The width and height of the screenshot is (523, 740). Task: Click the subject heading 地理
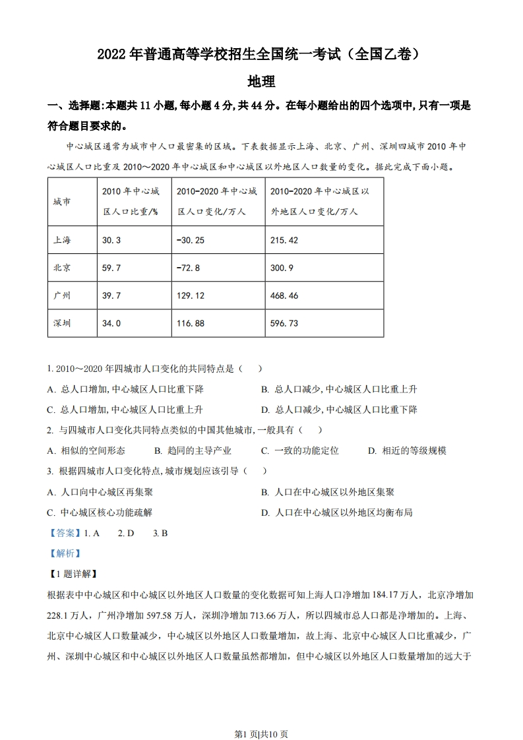pyautogui.click(x=261, y=82)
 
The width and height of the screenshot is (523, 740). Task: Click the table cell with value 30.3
pyautogui.click(x=111, y=240)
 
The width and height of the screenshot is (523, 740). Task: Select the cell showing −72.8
pyautogui.click(x=188, y=268)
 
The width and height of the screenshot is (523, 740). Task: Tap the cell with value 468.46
pyautogui.click(x=284, y=295)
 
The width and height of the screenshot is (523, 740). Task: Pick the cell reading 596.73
pyautogui.click(x=284, y=323)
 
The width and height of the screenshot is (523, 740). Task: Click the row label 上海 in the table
pyautogui.click(x=62, y=240)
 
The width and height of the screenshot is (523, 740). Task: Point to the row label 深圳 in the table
pyautogui.click(x=62, y=323)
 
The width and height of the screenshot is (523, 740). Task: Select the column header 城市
pyautogui.click(x=62, y=202)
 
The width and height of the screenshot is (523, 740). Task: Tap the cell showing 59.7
pyautogui.click(x=111, y=268)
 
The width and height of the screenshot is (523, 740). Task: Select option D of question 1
pyautogui.click(x=339, y=410)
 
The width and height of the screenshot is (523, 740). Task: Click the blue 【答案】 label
pyautogui.click(x=65, y=533)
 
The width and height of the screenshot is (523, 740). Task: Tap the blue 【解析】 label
pyautogui.click(x=65, y=553)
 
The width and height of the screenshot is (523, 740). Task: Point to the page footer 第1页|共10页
pyautogui.click(x=261, y=716)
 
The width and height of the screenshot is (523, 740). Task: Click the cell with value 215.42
pyautogui.click(x=284, y=240)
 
